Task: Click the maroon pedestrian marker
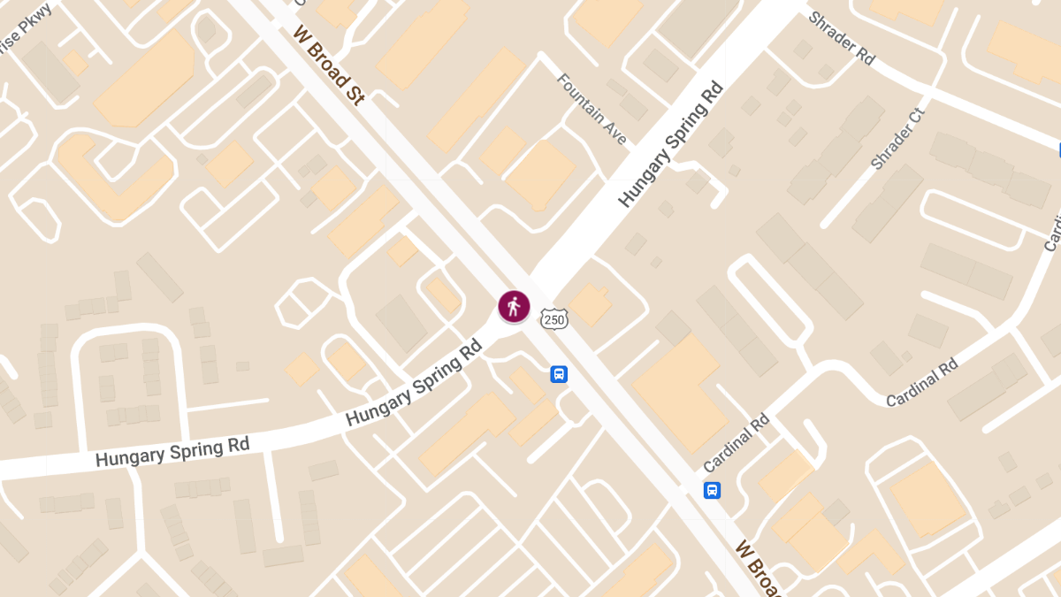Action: [514, 307]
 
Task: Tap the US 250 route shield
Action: [554, 318]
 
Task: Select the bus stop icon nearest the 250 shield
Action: [559, 374]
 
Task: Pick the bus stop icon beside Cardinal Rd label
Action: [712, 490]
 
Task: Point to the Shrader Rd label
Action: [842, 37]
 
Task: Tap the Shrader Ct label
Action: [897, 139]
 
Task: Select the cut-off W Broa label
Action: [757, 566]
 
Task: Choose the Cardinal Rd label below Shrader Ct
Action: [922, 382]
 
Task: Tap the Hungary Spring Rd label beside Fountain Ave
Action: [671, 144]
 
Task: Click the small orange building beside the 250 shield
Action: [591, 305]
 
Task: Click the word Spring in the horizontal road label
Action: [189, 449]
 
